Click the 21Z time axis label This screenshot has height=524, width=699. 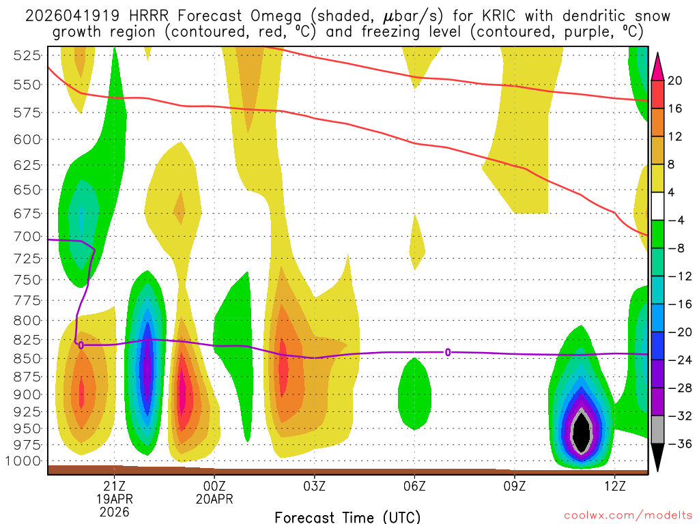pos(114,486)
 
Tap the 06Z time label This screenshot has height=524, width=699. pos(414,486)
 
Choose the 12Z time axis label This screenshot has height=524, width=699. pos(615,486)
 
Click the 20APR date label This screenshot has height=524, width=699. pos(214,499)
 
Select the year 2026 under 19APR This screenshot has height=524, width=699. pos(114,512)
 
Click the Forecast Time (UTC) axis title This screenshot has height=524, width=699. pos(347,516)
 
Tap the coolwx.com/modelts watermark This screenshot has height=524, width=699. pos(628,515)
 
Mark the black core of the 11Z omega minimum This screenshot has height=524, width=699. pos(581,433)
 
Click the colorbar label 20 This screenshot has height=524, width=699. pos(675,81)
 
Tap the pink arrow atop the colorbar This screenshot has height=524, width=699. pos(657,67)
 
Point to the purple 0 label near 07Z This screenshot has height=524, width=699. pos(448,352)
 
